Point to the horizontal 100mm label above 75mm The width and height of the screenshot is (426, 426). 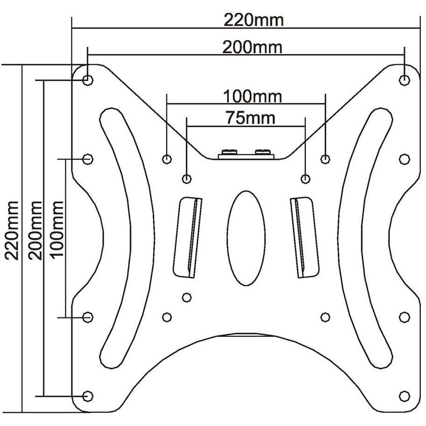pos(252,97)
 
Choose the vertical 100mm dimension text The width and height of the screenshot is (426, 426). pos(56,231)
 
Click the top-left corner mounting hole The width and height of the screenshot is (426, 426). pos(88,80)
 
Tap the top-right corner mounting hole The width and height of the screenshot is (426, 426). pos(405,80)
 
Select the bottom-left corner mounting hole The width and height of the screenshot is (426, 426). pos(88,396)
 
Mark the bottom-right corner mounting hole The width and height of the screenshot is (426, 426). pos(405,396)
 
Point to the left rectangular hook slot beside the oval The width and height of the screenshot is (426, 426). pos(187,237)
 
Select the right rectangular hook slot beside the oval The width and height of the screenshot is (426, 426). pos(304,237)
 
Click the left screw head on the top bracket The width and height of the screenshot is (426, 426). pos(228,151)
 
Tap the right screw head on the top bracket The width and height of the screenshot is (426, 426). pos(263,151)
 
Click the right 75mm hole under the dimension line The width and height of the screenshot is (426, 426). pos(306,178)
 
